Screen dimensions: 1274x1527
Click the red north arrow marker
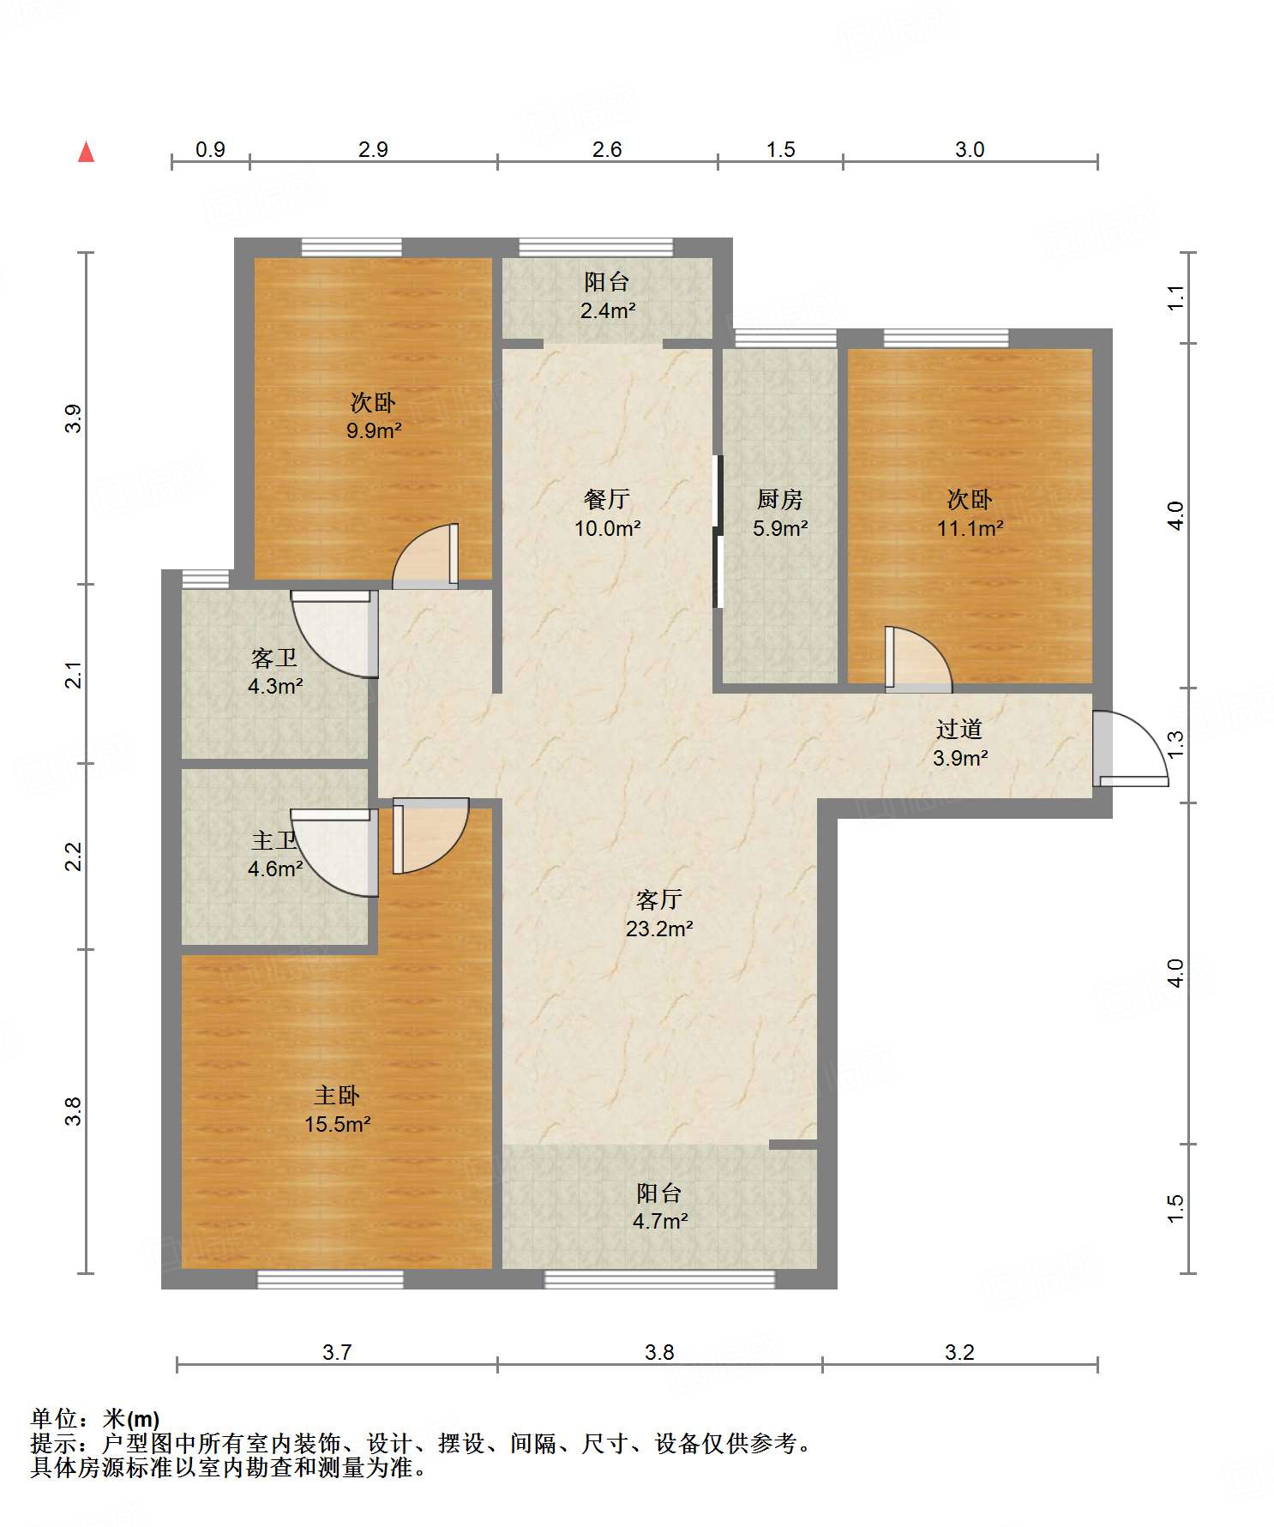(x=86, y=152)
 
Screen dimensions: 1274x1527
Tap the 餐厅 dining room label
(x=607, y=499)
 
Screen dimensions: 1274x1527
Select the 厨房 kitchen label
(x=780, y=499)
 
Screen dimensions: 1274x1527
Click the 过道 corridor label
(x=959, y=730)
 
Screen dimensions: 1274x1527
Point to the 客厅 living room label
(x=659, y=899)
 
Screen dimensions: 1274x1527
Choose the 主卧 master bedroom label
(x=337, y=1096)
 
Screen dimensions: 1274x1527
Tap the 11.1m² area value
(x=970, y=528)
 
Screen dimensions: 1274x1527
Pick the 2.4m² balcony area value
(x=608, y=310)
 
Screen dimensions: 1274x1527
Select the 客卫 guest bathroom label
(x=274, y=658)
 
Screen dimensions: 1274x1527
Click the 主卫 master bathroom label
(x=274, y=841)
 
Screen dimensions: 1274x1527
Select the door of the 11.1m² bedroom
(x=918, y=658)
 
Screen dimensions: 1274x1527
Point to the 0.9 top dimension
(x=210, y=149)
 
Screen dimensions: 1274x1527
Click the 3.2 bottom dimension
(x=959, y=1352)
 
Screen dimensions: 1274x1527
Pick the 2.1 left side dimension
(x=75, y=675)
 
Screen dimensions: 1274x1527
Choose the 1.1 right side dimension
(x=1175, y=298)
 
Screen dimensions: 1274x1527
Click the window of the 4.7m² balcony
(x=659, y=1279)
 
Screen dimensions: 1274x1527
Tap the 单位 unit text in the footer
(x=54, y=1419)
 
